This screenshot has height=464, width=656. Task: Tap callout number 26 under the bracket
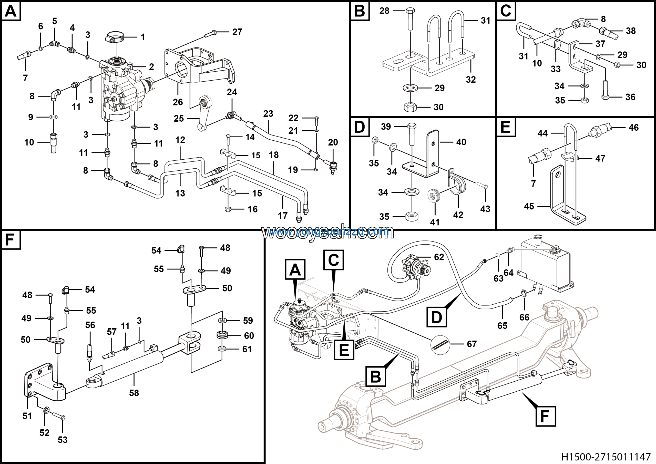(178, 102)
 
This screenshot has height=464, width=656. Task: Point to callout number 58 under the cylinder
(134, 393)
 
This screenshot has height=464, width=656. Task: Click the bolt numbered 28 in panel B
(410, 18)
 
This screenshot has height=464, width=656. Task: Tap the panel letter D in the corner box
(360, 127)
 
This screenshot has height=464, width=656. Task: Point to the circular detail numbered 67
(440, 344)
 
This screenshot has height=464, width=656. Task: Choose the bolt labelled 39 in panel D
(412, 134)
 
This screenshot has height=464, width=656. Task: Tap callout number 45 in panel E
(529, 206)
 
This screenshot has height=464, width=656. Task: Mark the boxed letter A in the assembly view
(295, 269)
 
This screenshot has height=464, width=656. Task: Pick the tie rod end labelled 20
(333, 167)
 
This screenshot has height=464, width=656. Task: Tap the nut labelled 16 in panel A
(228, 209)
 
